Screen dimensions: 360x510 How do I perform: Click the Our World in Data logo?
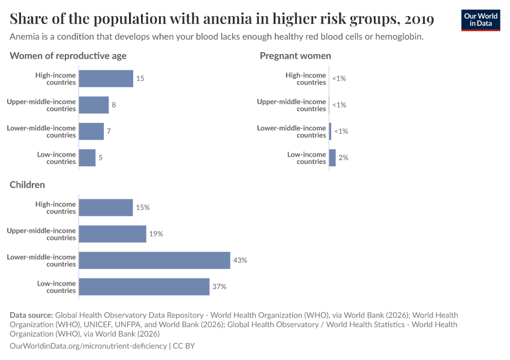point(480,20)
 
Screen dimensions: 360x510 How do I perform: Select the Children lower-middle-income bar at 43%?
point(154,260)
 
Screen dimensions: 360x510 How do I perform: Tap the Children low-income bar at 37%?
point(144,287)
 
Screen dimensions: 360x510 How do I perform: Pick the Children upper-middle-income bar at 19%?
point(112,234)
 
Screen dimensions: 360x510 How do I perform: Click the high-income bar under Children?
point(106,208)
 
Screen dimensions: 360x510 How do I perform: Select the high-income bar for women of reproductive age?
point(106,79)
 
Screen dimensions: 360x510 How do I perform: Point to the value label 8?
point(113,105)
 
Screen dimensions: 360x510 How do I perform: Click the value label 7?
point(109,131)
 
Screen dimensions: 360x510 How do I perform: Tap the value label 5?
point(101,158)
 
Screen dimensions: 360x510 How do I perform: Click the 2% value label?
point(343,158)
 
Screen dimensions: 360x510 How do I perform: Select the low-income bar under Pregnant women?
point(332,158)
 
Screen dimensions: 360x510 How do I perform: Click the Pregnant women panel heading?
point(295,56)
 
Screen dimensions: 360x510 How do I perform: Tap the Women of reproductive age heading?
point(68,56)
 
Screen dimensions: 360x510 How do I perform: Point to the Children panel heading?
point(27,185)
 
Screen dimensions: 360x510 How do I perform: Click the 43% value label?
point(240,260)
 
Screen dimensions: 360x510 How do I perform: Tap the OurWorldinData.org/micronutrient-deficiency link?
point(88,346)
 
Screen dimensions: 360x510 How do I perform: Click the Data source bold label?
point(31,315)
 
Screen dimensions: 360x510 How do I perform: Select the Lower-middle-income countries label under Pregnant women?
point(292,131)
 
